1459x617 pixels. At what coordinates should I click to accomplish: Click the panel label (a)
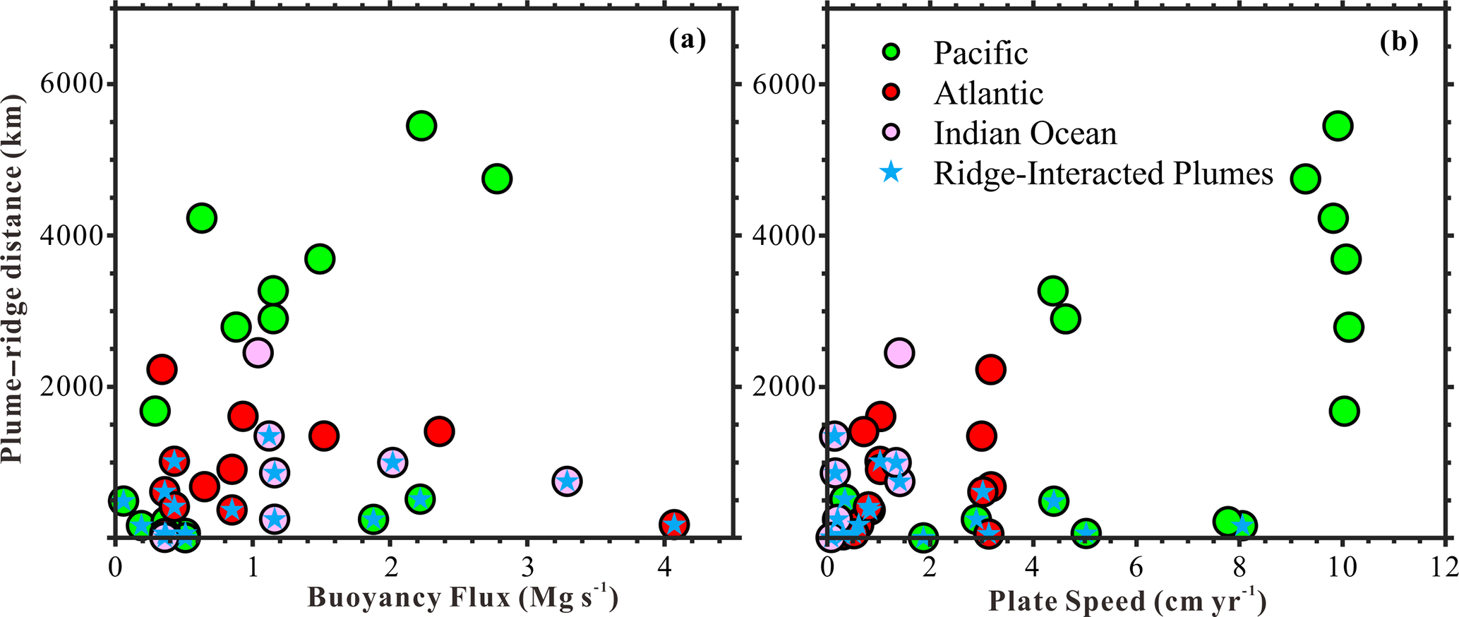(687, 42)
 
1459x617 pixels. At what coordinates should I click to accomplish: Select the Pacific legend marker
(892, 52)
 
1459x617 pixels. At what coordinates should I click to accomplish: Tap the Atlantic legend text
(988, 93)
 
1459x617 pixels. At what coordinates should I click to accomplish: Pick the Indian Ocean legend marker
(892, 133)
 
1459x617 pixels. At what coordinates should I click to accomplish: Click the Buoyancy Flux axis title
(462, 599)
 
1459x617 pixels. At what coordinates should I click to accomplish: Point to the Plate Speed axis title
(1126, 601)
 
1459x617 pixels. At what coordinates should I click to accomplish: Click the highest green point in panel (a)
(421, 126)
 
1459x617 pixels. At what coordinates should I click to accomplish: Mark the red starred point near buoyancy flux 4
(674, 525)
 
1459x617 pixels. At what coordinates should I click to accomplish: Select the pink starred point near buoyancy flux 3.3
(566, 481)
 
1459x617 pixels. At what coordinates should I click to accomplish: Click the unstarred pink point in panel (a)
(258, 352)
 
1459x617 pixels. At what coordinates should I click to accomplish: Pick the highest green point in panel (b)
(1337, 126)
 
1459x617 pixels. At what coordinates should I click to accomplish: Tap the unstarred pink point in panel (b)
(899, 352)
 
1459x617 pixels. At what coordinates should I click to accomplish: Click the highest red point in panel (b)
(991, 369)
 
